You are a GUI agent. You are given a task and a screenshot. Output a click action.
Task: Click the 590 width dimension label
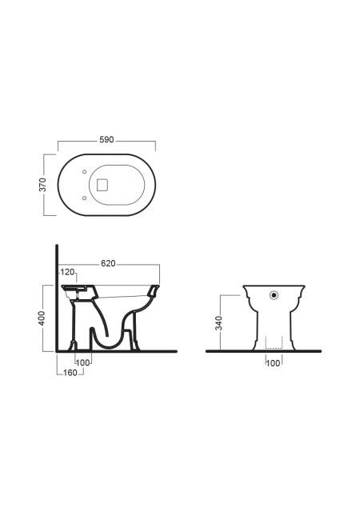click(106, 140)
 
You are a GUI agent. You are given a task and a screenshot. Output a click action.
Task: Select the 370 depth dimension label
click(42, 185)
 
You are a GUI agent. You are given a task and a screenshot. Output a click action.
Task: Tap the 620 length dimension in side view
click(108, 263)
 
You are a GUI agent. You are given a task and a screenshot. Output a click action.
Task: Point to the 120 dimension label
click(67, 272)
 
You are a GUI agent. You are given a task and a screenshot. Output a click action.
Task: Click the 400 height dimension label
click(42, 318)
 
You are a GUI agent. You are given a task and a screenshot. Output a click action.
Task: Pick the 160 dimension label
click(70, 373)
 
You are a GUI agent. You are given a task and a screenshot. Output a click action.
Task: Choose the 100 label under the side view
click(82, 362)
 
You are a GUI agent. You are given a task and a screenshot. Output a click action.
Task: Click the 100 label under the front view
click(273, 363)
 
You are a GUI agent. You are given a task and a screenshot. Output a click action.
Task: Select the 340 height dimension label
click(218, 323)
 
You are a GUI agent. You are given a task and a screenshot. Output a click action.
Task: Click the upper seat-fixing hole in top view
click(84, 171)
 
